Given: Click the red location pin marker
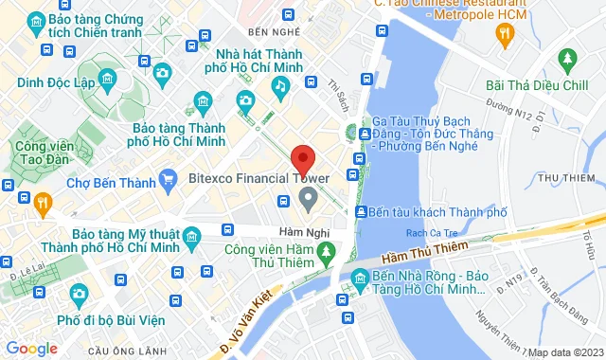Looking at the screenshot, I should click(x=302, y=158).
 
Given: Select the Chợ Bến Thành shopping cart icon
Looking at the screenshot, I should click(x=169, y=177).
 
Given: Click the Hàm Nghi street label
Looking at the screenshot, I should click(x=302, y=231).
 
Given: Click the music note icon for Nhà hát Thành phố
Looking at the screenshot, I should click(x=279, y=86).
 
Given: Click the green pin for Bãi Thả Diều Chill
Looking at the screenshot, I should click(x=567, y=61).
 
